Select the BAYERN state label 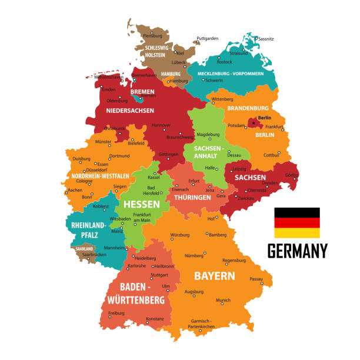[x=215, y=275]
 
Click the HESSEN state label [x=141, y=204]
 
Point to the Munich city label [x=224, y=301]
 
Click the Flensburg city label [x=152, y=36]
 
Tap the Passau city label [x=256, y=279]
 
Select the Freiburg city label [x=116, y=312]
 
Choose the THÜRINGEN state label [x=192, y=198]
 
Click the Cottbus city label [x=271, y=155]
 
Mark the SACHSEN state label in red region [x=251, y=177]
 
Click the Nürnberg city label [x=194, y=256]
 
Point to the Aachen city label [x=75, y=190]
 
